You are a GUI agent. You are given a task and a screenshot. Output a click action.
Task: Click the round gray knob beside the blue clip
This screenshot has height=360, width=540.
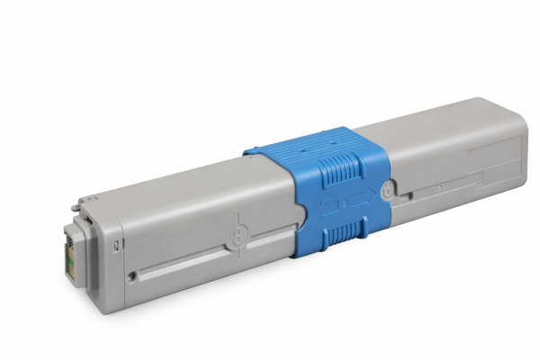(x=387, y=191)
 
